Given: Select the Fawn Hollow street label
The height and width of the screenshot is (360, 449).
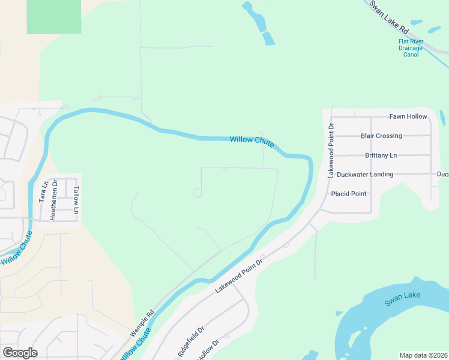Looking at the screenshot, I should pos(408,116).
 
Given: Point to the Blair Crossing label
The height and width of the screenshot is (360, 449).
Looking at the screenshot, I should pos(381,136).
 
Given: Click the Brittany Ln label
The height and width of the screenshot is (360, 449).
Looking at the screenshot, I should pos(381,155).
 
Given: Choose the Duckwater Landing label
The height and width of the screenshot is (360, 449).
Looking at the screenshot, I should pos(365,175).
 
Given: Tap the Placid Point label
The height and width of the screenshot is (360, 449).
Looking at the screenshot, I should pos(349,194).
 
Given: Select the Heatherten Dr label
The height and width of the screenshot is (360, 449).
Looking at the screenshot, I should pos(53,200).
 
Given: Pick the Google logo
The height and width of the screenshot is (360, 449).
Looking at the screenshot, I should pos(20,352).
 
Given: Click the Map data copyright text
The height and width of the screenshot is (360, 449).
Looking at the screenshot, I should pos(424,355).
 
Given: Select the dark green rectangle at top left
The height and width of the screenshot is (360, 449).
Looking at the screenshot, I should pos(54,16).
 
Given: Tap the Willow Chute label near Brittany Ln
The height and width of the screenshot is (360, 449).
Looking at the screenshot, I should pos(252,142).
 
